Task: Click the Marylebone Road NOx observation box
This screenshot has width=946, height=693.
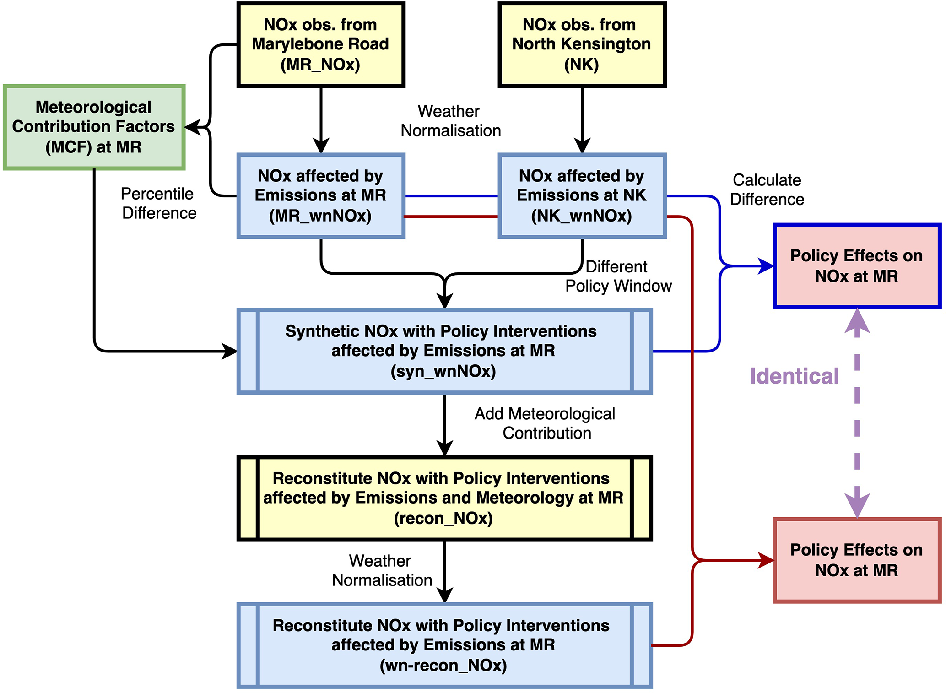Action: pos(320,44)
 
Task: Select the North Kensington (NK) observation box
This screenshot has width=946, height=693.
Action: pos(581,44)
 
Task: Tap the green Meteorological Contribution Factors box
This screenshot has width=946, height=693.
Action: pos(94,127)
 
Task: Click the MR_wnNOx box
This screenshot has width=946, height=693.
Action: pos(320,196)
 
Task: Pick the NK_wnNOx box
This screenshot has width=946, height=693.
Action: pos(581,196)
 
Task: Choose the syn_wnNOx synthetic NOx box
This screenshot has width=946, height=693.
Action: pos(444,351)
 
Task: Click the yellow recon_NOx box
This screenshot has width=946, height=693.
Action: pos(444,498)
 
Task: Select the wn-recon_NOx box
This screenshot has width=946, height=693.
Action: pos(444,645)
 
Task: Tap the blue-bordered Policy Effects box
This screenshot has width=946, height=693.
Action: pos(856,266)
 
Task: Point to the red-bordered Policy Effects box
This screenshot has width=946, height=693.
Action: pos(856,560)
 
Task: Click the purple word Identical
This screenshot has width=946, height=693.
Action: pos(794,376)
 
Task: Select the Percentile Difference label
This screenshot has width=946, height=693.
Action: pos(158,203)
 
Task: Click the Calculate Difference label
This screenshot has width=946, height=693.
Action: pos(767,189)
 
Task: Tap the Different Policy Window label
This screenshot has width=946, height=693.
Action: pos(618,276)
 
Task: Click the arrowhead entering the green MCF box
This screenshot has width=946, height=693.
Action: pos(193,127)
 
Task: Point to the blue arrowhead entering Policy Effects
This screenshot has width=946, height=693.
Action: pos(766,266)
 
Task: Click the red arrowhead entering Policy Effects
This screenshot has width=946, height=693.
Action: pos(766,560)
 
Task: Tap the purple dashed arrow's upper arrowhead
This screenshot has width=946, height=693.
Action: pos(857,320)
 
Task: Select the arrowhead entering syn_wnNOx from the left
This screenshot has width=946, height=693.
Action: pos(229,351)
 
